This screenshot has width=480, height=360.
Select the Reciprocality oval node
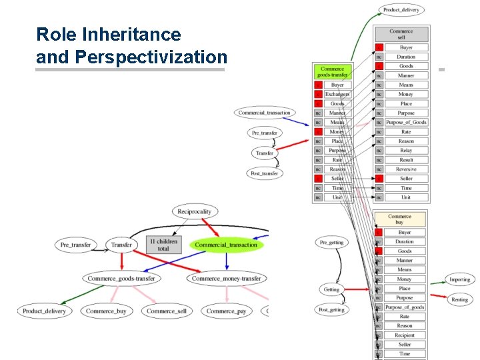(x=194, y=211)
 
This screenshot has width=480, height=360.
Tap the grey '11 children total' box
(x=163, y=245)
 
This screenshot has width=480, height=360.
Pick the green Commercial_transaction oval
(x=226, y=245)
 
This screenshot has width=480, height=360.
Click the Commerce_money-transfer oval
(x=227, y=278)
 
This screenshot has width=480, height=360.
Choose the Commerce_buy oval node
(x=105, y=311)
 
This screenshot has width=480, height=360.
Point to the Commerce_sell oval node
(x=166, y=311)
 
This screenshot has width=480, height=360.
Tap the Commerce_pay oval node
(x=226, y=311)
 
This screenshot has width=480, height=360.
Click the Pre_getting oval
(x=331, y=242)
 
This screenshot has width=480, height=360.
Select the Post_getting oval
(x=331, y=309)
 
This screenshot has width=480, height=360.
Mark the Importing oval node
(x=459, y=279)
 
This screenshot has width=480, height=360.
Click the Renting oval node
(x=459, y=299)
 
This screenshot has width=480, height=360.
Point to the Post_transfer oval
(x=265, y=173)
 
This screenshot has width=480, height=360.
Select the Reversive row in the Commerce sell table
(x=406, y=169)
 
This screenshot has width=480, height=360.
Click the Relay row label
(x=406, y=151)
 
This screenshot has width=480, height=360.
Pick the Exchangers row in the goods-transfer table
(x=337, y=95)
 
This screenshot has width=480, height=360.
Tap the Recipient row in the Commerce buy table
(x=405, y=335)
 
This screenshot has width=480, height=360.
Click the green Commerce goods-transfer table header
(x=332, y=72)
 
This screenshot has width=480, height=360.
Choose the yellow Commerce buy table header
(x=399, y=219)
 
